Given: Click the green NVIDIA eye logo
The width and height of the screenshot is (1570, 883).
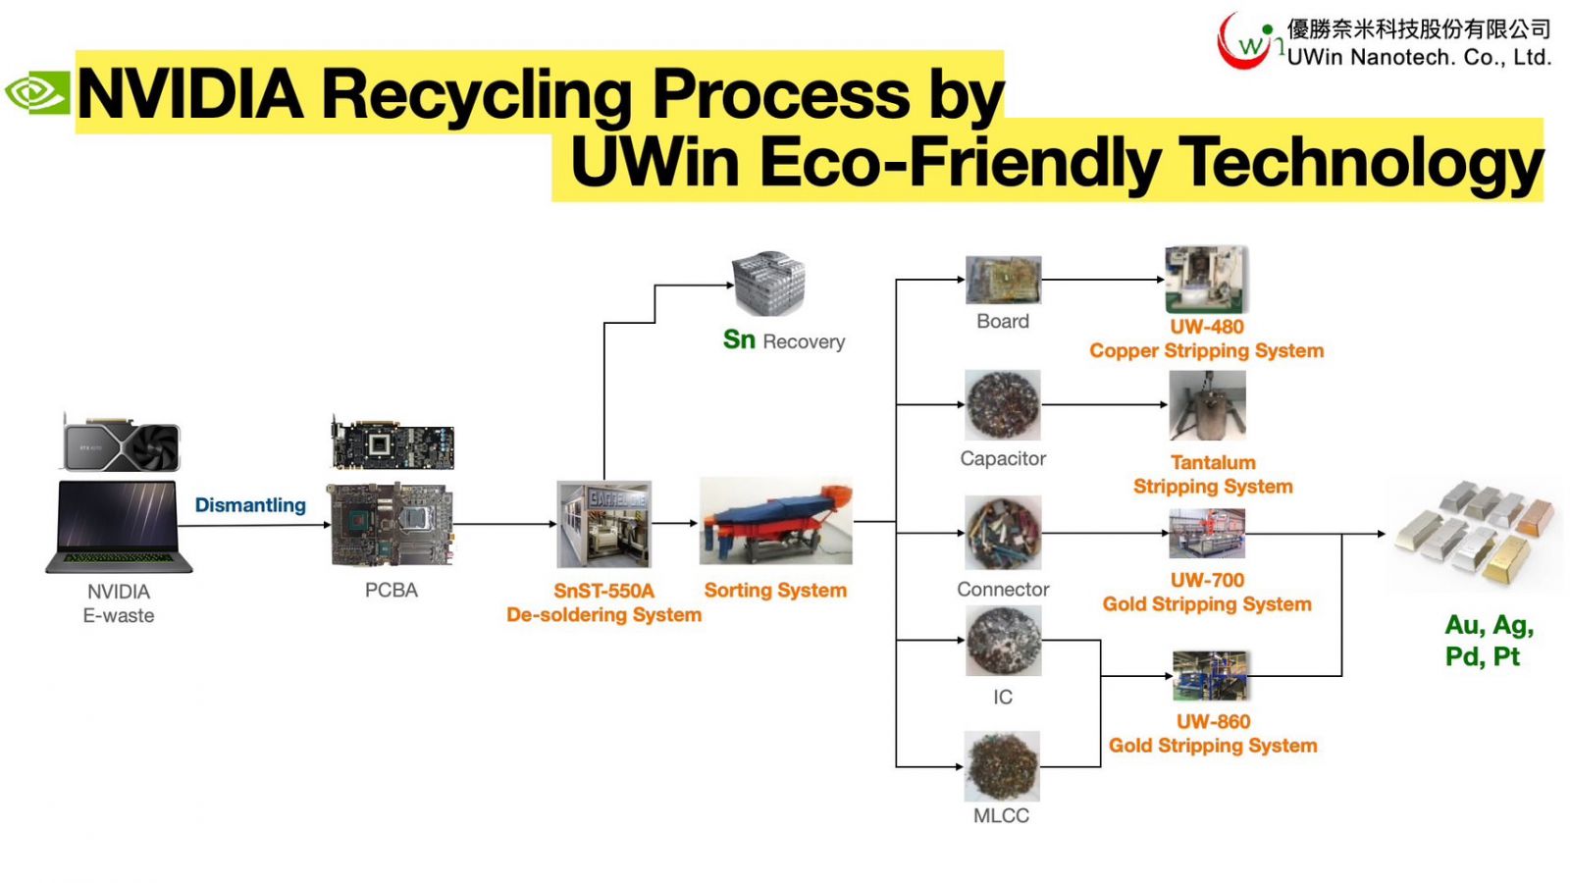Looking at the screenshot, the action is click(x=37, y=92).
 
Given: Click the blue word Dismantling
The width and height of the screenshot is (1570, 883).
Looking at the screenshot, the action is click(x=250, y=505).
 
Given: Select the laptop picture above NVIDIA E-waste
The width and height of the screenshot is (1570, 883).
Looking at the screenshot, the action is click(x=119, y=526).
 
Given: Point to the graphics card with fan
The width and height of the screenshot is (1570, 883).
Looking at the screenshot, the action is click(x=122, y=443).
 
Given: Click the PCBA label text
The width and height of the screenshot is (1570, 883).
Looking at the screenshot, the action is click(x=392, y=590).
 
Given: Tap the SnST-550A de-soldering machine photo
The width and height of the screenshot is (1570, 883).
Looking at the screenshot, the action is click(x=604, y=524).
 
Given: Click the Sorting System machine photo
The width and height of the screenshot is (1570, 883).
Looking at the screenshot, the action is click(x=776, y=521).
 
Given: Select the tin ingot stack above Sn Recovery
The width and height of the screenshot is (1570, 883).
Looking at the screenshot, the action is click(x=769, y=282).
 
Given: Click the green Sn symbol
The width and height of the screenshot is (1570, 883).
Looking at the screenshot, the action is click(x=739, y=339).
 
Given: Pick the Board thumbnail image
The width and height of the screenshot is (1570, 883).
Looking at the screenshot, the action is click(x=1003, y=280).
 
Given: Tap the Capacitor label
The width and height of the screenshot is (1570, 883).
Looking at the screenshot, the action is click(x=1003, y=458).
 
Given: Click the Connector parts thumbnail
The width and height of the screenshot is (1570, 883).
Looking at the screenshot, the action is click(x=1003, y=533).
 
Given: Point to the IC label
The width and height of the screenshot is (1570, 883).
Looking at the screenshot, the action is click(x=1003, y=697).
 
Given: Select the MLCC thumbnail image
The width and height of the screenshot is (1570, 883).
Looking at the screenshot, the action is click(x=1002, y=766).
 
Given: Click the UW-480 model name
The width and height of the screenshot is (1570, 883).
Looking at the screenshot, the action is click(x=1207, y=327).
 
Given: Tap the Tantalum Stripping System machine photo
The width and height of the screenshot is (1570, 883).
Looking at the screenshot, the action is click(x=1207, y=405).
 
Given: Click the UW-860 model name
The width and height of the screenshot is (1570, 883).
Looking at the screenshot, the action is click(x=1213, y=721).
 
